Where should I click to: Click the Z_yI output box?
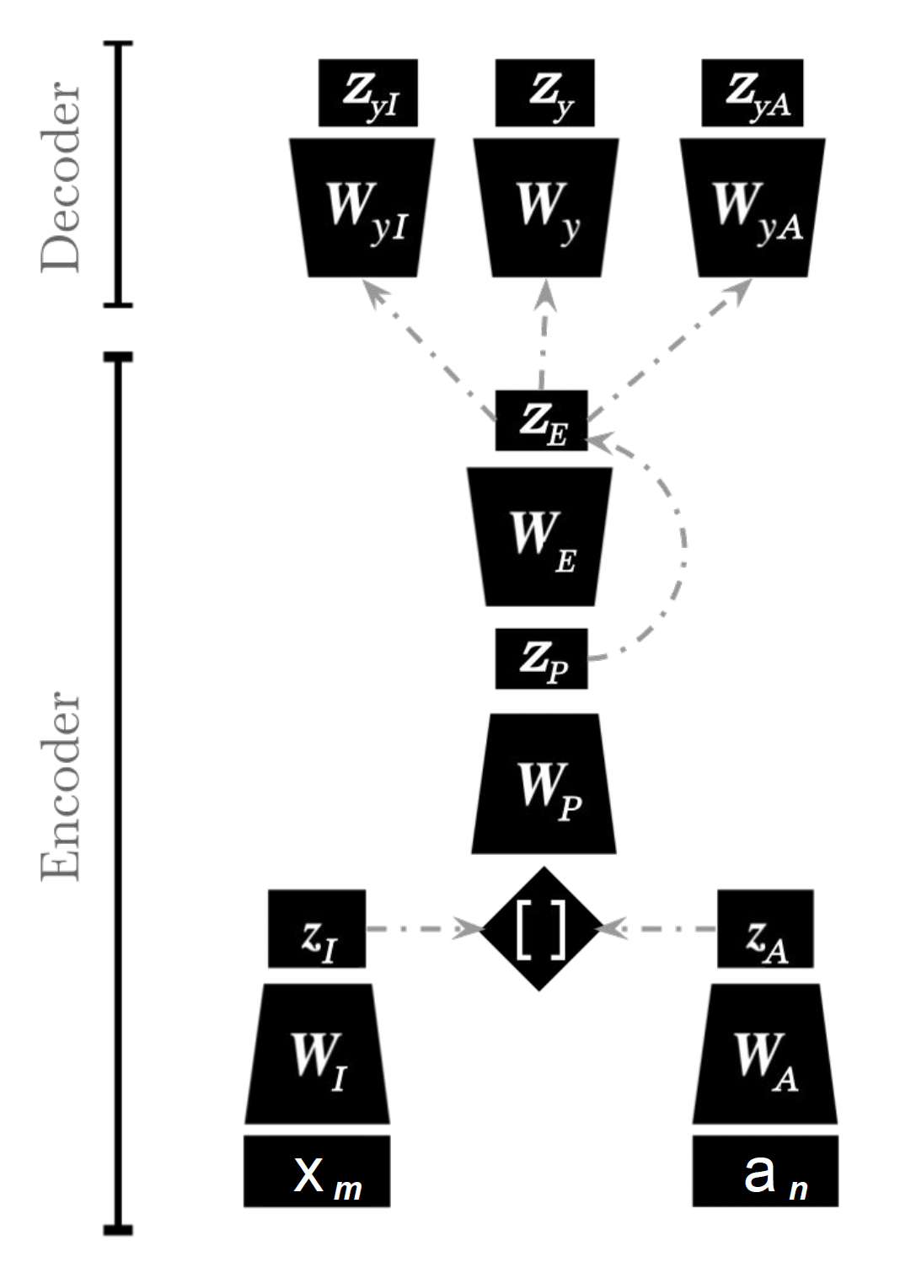click(367, 93)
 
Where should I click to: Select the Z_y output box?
click(544, 93)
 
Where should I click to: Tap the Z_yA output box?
click(752, 93)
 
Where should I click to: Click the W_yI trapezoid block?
click(362, 208)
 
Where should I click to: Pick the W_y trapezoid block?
click(546, 208)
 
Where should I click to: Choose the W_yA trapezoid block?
click(753, 208)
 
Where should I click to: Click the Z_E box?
click(541, 421)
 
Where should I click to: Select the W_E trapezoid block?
click(540, 537)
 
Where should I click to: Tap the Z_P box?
click(541, 658)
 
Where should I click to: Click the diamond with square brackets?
click(540, 928)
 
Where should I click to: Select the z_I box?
click(317, 929)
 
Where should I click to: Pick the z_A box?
click(765, 929)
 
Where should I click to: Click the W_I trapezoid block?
click(318, 1054)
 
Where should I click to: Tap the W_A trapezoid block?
click(765, 1054)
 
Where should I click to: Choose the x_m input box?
click(317, 1171)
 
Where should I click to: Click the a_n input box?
click(765, 1171)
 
